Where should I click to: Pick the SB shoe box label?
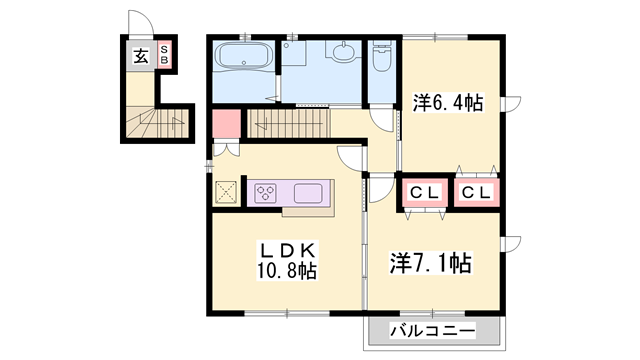coord(164,56)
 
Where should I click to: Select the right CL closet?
coord(477,193)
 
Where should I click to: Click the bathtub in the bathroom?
coord(244,58)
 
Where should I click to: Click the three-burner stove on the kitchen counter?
coord(266,192)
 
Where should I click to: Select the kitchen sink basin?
coord(307,192)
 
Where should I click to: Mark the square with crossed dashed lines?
coord(226,191)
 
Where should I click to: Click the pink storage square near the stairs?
coord(226,125)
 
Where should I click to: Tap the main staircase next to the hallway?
coord(290,124)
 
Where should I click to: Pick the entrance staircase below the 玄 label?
coord(152,122)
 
